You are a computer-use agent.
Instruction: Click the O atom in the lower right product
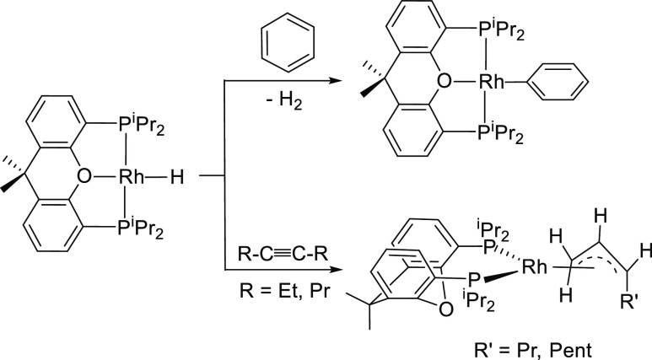point(419,309)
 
